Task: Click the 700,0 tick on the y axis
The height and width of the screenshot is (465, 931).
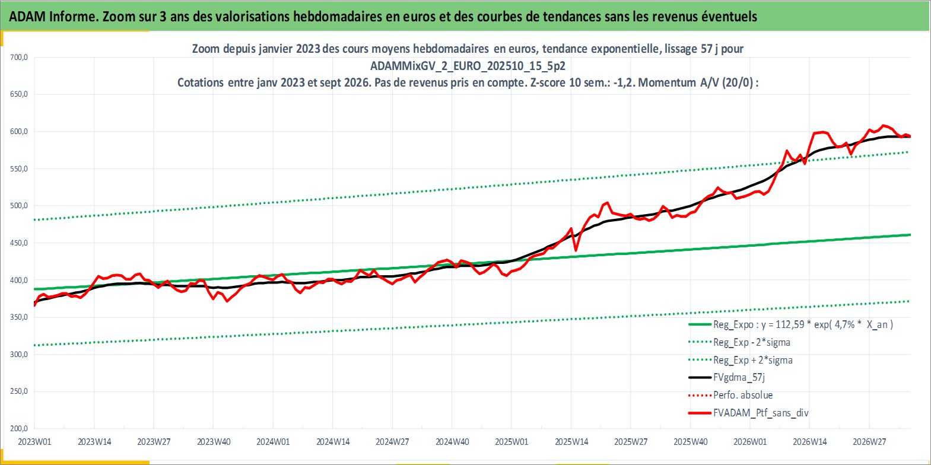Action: pyautogui.click(x=19, y=58)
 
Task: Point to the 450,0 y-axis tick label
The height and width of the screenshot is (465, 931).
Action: pyautogui.click(x=19, y=243)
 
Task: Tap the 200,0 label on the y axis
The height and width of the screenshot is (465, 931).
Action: pyautogui.click(x=19, y=428)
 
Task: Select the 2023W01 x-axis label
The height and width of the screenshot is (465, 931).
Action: pyautogui.click(x=34, y=441)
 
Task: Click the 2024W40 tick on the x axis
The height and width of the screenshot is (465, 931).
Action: pyautogui.click(x=452, y=441)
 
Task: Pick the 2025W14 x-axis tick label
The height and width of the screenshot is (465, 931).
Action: pyautogui.click(x=571, y=441)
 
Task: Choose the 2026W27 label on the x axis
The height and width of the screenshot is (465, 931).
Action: pyautogui.click(x=869, y=441)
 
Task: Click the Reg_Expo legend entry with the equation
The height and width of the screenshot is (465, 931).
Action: pyautogui.click(x=790, y=324)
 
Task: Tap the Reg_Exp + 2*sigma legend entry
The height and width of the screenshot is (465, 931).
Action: pyautogui.click(x=741, y=360)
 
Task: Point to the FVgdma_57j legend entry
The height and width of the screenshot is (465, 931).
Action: pyautogui.click(x=726, y=377)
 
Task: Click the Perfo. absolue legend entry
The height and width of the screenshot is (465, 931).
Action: pyautogui.click(x=730, y=395)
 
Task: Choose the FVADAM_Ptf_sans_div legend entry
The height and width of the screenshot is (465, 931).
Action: pyautogui.click(x=749, y=413)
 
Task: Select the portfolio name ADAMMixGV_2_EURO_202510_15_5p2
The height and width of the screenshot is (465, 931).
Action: pyautogui.click(x=468, y=66)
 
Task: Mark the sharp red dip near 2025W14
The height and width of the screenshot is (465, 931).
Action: pyautogui.click(x=576, y=250)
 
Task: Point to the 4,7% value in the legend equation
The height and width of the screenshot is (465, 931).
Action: pyautogui.click(x=844, y=324)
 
